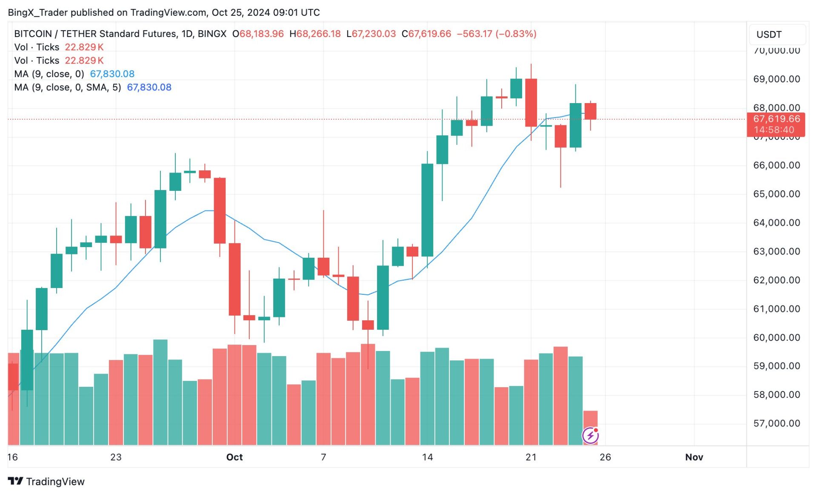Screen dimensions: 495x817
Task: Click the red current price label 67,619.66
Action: point(776,119)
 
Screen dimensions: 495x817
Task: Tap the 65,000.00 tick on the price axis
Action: point(776,194)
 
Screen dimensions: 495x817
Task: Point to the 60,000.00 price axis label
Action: point(776,337)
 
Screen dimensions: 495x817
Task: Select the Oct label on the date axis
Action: point(234,457)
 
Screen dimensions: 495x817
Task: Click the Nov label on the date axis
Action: point(694,457)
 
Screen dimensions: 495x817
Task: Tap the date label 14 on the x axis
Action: point(427,457)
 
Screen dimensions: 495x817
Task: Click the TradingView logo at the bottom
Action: point(46,481)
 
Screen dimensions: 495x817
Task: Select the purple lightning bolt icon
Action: point(590,435)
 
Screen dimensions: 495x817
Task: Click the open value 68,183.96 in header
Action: point(261,34)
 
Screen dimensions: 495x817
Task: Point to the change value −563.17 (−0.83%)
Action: point(496,34)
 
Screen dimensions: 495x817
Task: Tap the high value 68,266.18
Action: point(318,34)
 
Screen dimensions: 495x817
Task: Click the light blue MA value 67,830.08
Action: point(112,74)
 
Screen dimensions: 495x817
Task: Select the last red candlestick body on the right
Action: point(590,111)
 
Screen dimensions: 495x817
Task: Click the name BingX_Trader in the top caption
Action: point(38,12)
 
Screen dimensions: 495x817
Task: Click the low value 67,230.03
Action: point(374,34)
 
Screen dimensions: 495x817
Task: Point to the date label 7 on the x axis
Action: point(323,457)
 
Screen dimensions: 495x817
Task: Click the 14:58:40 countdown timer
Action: point(774,130)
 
